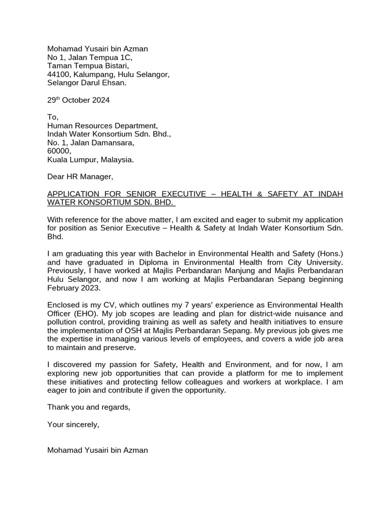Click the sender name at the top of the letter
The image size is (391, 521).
click(97, 49)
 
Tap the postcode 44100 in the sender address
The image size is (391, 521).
click(58, 74)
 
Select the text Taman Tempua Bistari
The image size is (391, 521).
click(88, 66)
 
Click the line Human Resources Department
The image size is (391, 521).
click(102, 126)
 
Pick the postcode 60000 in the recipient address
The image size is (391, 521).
click(59, 151)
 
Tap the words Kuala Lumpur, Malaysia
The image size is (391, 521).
click(91, 160)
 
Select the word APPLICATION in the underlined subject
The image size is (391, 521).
click(72, 194)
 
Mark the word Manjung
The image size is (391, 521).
click(231, 271)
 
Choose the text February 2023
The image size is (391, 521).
click(74, 288)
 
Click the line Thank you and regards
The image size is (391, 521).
click(89, 407)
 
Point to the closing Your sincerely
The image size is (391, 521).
click(73, 424)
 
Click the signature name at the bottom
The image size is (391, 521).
click(97, 450)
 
